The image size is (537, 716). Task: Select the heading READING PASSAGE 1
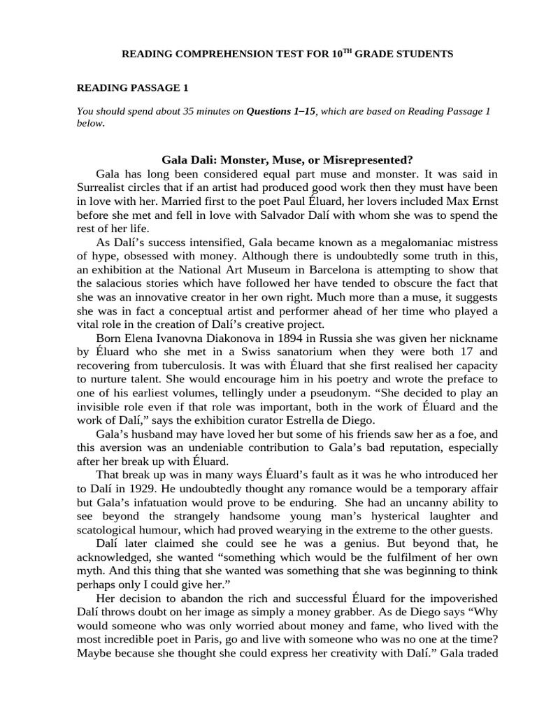coord(132,87)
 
